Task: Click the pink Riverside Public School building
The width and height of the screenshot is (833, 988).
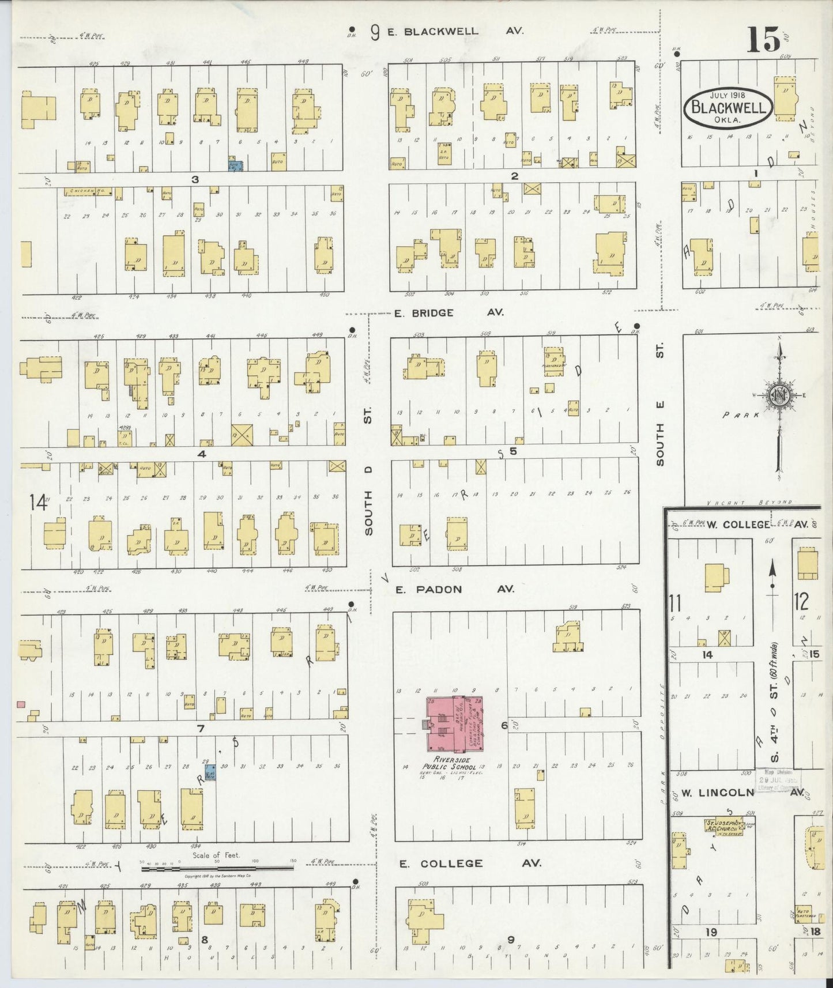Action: [454, 725]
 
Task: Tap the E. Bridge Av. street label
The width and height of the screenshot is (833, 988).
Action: [448, 313]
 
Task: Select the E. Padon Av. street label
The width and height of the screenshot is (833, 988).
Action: [454, 589]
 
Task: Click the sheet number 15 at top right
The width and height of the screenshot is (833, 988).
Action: [764, 40]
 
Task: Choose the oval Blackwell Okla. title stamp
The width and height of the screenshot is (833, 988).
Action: [729, 108]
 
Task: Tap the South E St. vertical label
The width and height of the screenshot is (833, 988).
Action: [660, 404]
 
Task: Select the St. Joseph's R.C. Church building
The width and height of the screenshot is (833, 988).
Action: [723, 825]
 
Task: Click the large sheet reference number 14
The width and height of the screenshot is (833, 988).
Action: [38, 503]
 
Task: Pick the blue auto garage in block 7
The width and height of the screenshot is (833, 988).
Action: [211, 772]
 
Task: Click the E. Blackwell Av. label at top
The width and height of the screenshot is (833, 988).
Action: [455, 32]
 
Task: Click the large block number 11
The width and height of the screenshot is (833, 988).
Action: [675, 604]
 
